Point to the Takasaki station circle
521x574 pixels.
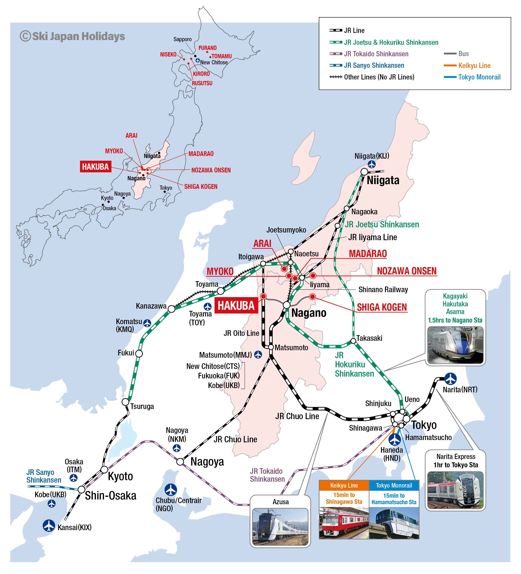coord(353,341)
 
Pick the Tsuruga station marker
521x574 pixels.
coord(125,402)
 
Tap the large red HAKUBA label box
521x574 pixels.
coord(236,306)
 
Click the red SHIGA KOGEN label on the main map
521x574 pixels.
coord(382,307)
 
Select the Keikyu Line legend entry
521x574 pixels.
coord(474,66)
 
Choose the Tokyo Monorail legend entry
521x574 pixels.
coord(479,77)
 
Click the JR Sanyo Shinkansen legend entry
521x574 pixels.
coord(374,66)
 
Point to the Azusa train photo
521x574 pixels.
coord(280,527)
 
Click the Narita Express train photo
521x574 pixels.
coord(455,490)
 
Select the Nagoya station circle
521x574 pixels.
coord(180,461)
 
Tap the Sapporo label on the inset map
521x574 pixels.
coord(183,39)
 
